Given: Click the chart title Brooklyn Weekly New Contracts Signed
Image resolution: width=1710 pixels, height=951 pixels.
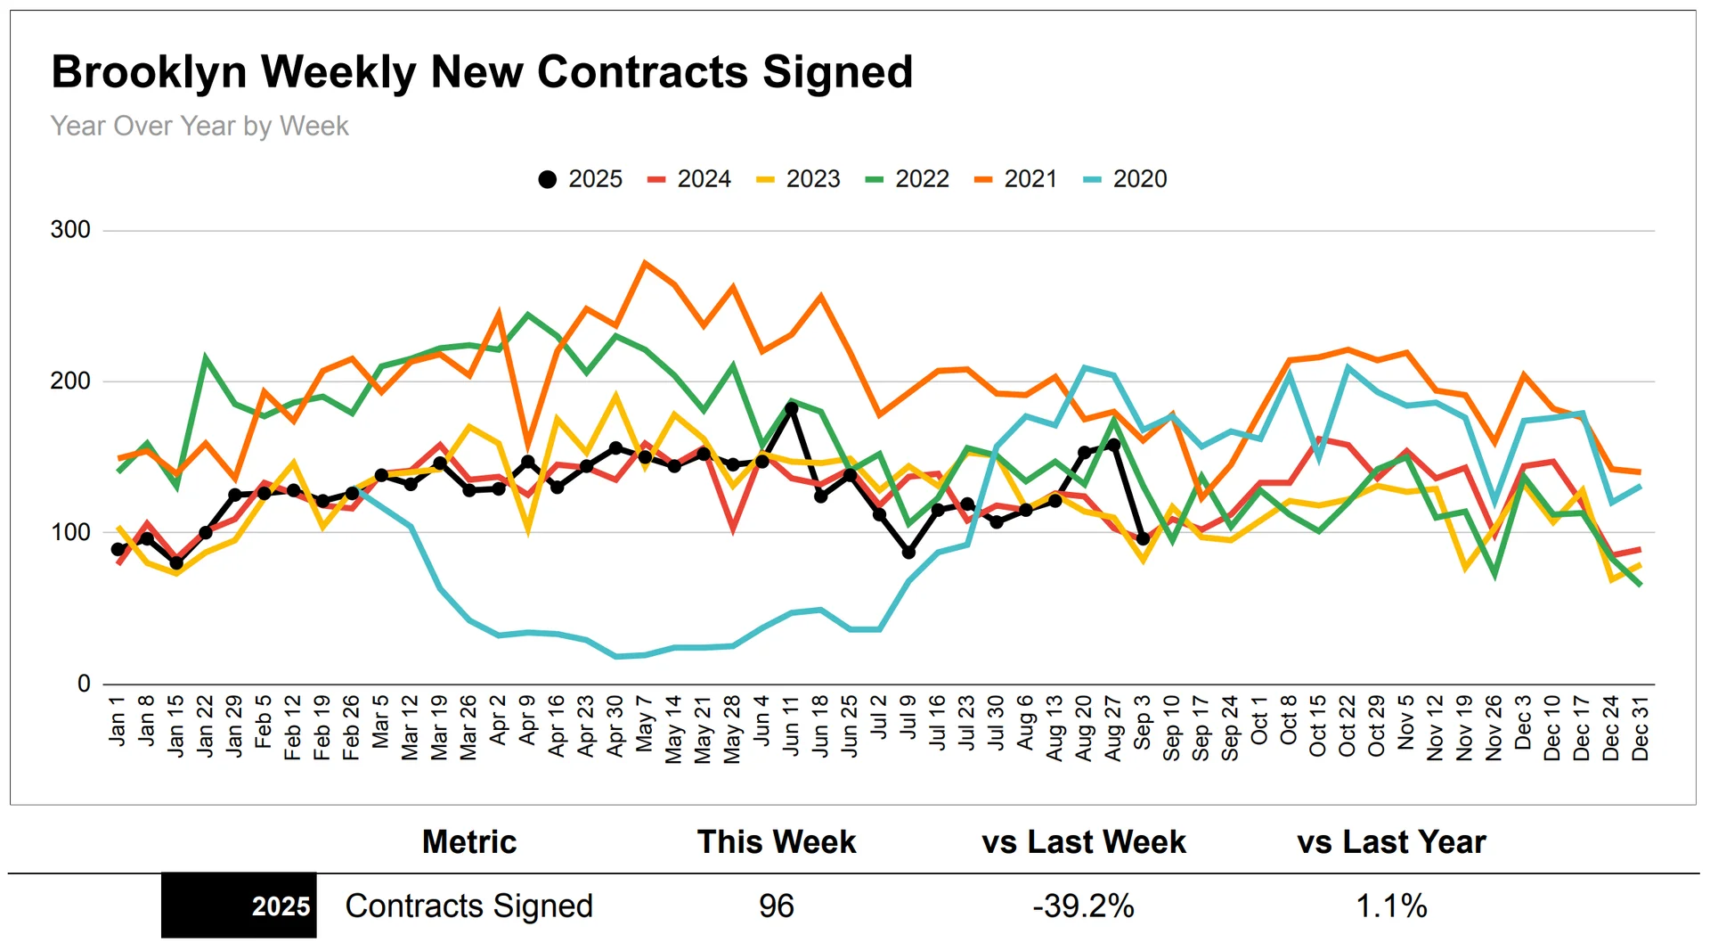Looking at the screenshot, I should click(482, 72).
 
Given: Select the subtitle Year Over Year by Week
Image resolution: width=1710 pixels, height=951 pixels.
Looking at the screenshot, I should click(199, 127).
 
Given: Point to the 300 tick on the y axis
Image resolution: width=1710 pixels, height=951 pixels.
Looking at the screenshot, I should click(70, 230).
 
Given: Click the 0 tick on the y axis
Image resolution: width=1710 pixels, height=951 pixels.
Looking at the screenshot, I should click(84, 684).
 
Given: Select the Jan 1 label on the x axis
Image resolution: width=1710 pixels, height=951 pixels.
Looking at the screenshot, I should click(118, 720).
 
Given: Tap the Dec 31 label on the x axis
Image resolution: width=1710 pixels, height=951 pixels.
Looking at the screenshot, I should click(1640, 728).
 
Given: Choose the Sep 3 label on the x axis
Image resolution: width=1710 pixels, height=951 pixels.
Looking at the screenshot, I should click(1143, 723).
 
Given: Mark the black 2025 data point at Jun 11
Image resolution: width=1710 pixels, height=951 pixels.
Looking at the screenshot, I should click(791, 408).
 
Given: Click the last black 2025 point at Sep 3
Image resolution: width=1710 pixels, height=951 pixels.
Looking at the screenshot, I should click(1143, 538).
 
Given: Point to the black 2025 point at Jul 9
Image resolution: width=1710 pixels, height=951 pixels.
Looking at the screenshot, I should click(908, 553).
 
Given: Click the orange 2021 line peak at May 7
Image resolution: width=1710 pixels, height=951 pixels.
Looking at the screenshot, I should click(645, 263).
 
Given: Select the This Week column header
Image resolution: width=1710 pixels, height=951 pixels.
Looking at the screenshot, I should click(776, 842).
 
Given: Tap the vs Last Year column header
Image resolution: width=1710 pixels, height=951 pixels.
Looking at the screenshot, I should click(1391, 842).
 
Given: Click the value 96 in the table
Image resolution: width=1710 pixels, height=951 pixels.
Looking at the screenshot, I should click(776, 906).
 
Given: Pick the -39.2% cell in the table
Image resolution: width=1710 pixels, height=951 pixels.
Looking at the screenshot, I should click(1083, 906).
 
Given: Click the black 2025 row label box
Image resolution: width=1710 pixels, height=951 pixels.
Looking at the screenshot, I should click(239, 906).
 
